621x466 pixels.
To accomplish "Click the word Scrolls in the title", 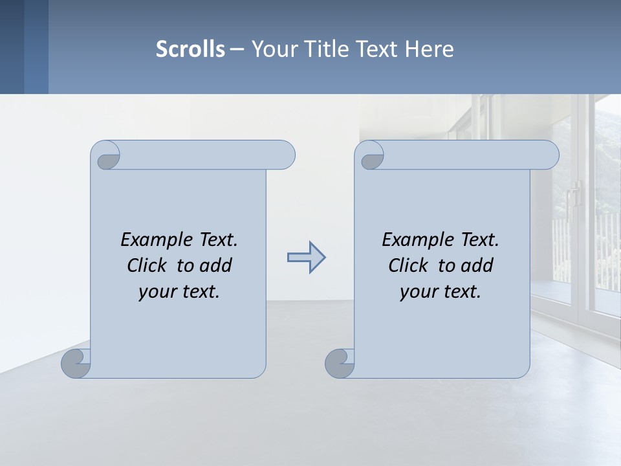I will tap(190, 49).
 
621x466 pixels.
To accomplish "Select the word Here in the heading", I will tap(429, 49).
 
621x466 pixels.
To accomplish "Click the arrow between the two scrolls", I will tap(306, 258).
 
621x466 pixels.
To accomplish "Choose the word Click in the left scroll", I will tap(149, 265).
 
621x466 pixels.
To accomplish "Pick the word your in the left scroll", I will tap(156, 292).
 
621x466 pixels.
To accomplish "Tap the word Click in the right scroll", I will tap(411, 265).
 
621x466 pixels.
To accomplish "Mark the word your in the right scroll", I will tap(417, 292).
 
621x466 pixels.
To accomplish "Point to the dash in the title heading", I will tap(237, 49).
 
